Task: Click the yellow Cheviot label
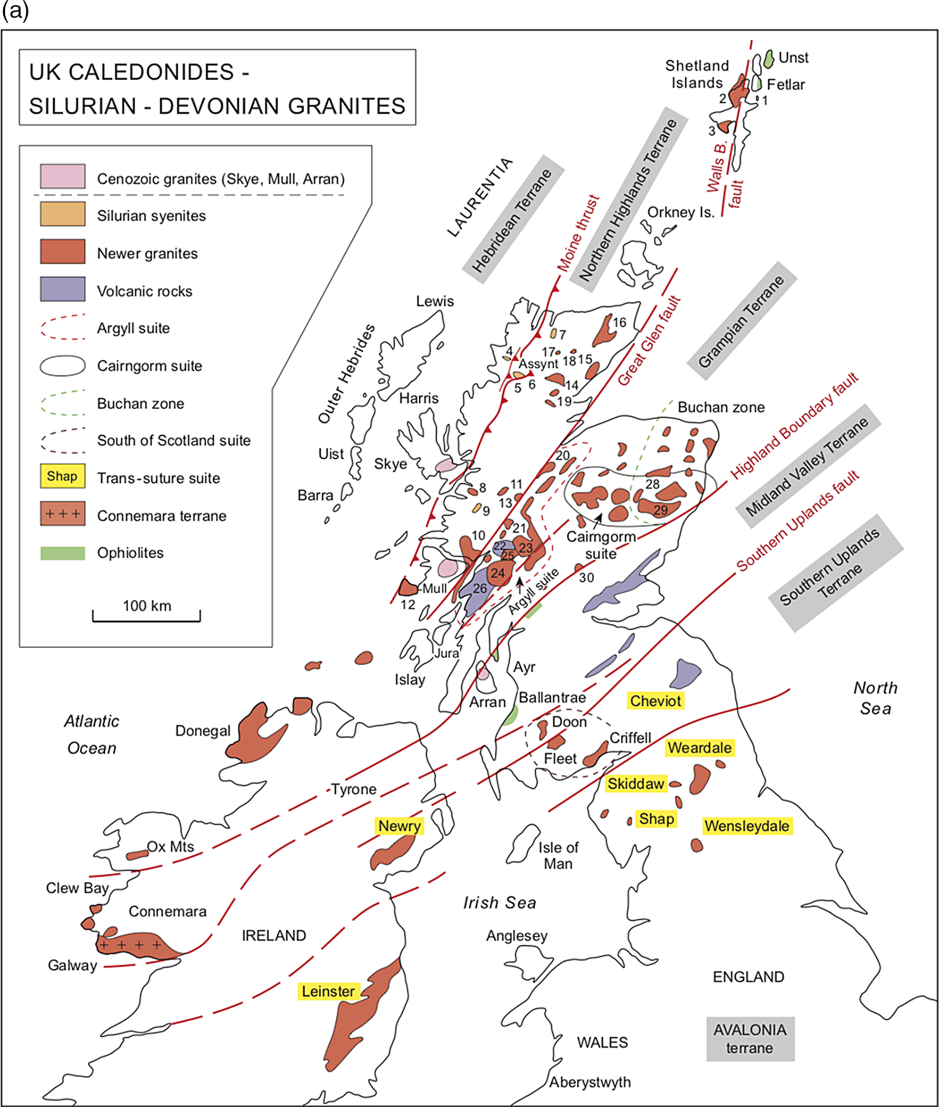[x=655, y=701]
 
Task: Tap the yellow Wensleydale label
[x=747, y=826]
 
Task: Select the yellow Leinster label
[x=328, y=991]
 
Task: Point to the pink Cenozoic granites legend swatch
[x=63, y=177]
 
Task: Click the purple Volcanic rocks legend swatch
[x=63, y=289]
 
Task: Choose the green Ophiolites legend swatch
[x=63, y=553]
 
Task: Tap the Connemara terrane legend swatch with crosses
[x=63, y=513]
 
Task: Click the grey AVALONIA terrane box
[x=750, y=1039]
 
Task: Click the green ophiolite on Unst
[x=768, y=58]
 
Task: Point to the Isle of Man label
[x=558, y=855]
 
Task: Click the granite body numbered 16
[x=604, y=331]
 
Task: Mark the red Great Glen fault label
[x=649, y=340]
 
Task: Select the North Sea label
[x=875, y=698]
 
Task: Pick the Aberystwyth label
[x=590, y=1082]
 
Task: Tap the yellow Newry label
[x=399, y=826]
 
